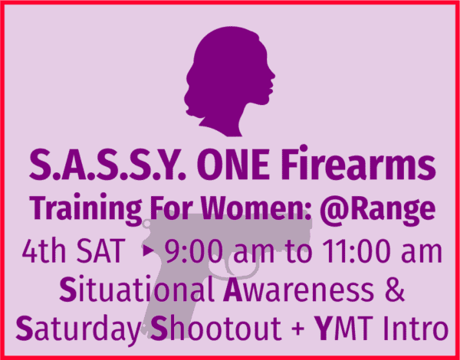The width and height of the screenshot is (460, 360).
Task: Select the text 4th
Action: coord(44,251)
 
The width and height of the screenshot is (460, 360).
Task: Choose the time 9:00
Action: coord(194,251)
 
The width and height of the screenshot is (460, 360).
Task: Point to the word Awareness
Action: coord(298,291)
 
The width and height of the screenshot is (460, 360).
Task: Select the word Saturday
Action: coord(78,329)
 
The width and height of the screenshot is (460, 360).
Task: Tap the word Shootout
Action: coord(216,328)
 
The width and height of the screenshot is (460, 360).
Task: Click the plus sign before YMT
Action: coord(299,329)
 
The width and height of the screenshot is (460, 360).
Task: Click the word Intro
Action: coord(411,328)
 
